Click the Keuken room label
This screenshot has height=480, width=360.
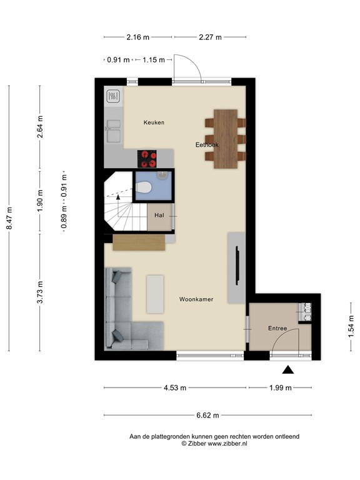(153, 122)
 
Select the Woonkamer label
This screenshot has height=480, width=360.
(196, 299)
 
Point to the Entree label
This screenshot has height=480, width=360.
(277, 328)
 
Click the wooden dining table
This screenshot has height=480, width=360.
(225, 139)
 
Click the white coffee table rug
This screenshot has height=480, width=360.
(155, 294)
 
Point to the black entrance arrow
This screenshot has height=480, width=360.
(288, 370)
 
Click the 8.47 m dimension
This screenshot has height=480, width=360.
(9, 218)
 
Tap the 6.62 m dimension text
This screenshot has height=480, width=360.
(207, 414)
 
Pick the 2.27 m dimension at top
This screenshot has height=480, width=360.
(210, 37)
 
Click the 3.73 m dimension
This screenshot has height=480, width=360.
(39, 292)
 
